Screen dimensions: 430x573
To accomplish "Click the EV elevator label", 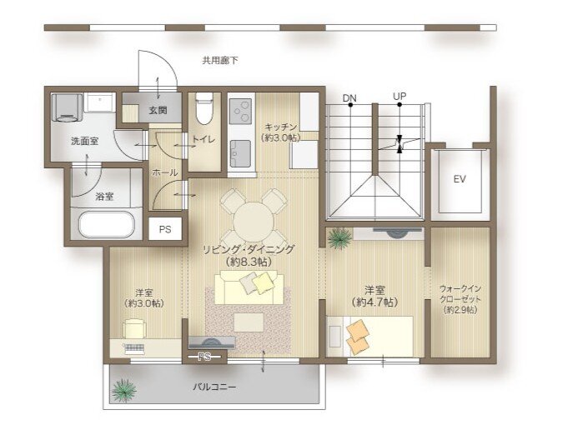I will coord(459,179).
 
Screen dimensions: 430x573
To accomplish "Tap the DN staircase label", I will coord(349,97).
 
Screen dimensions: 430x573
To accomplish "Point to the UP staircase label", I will coord(400,97).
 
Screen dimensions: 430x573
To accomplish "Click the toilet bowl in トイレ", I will coord(204,110).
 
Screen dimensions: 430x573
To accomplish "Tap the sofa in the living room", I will coord(249,288).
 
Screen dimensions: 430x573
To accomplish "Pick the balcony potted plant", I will coord(125,389).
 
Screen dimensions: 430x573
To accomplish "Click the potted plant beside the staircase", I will coord(339,239).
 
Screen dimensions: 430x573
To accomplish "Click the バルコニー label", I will coord(214,387).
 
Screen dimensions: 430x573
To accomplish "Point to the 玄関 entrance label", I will coord(158,110).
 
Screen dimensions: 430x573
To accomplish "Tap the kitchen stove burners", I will coord(241,111).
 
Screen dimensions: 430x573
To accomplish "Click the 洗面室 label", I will coord(84,141).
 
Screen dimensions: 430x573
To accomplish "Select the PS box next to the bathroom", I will coord(164,230).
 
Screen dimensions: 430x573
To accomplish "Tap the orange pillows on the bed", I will coord(359,337).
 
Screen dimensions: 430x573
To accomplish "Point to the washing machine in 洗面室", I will coord(67,107).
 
